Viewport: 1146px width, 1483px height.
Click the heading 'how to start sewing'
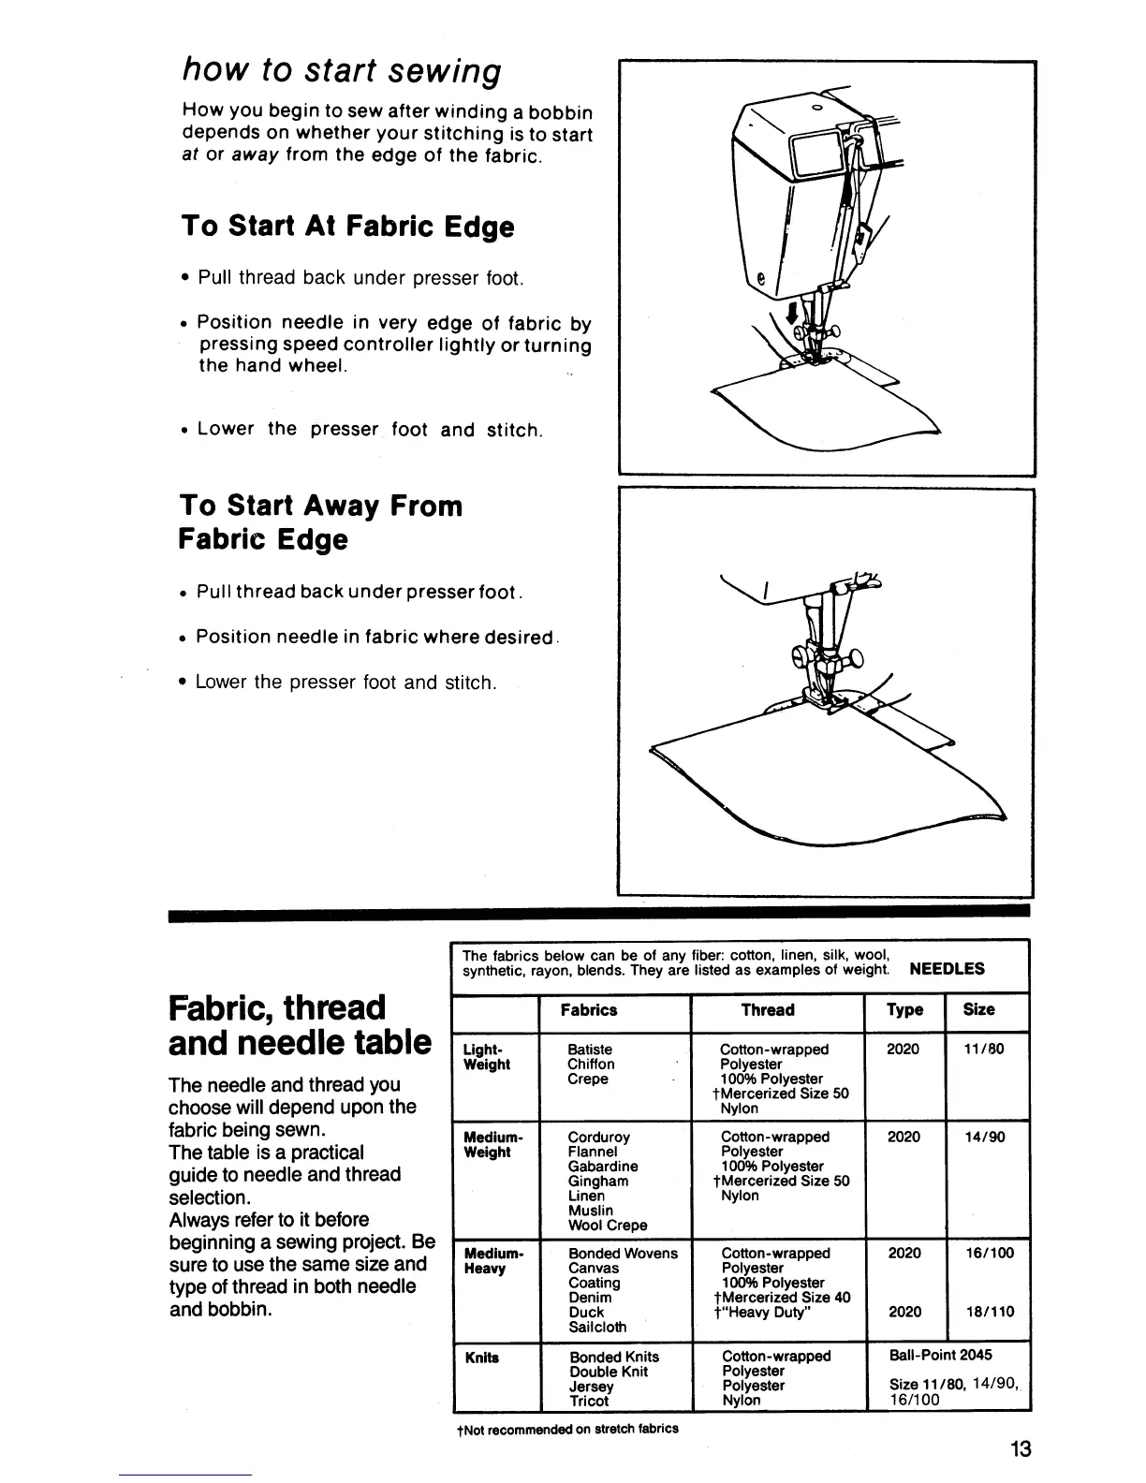point(342,71)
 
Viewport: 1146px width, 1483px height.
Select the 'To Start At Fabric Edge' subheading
point(347,228)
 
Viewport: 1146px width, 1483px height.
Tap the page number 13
point(1021,1449)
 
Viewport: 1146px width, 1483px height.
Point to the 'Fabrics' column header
point(588,1010)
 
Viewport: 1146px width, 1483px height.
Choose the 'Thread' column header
point(767,1010)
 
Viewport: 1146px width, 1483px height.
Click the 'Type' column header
point(904,1010)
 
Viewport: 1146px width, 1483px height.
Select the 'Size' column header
point(978,1010)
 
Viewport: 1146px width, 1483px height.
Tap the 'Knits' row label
point(481,1358)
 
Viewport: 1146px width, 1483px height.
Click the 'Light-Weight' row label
point(487,1057)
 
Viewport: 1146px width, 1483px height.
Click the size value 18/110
point(988,1313)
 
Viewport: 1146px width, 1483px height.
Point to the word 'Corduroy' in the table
point(598,1138)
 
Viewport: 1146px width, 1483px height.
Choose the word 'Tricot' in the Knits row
point(589,1402)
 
